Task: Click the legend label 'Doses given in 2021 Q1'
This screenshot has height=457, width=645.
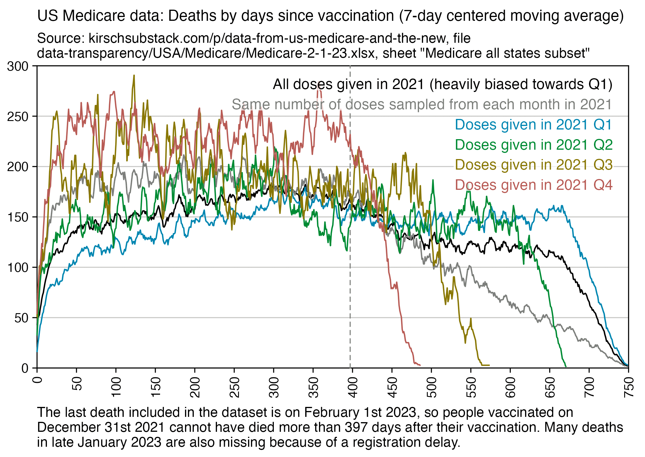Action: point(533,125)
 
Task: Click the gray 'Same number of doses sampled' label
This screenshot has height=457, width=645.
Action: point(422,104)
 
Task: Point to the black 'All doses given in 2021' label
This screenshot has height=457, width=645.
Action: point(442,84)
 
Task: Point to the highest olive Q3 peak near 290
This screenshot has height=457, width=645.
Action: point(134,76)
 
